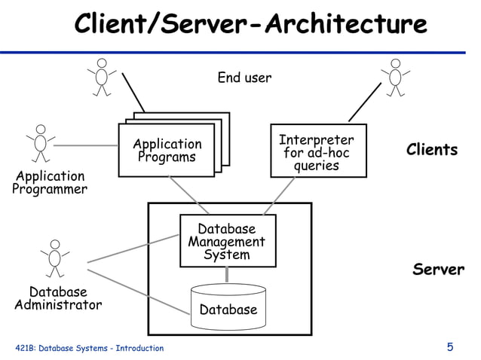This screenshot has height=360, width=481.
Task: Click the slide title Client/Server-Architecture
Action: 250,24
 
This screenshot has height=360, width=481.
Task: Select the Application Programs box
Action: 167,151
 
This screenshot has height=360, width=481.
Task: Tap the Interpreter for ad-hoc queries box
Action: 317,151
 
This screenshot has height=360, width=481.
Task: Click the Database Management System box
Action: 227,241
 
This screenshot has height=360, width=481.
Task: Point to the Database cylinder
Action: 228,307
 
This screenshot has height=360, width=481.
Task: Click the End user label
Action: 244,78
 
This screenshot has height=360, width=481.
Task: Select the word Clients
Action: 432,149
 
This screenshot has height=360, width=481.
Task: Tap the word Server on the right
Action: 438,270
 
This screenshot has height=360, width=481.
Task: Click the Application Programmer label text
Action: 49,183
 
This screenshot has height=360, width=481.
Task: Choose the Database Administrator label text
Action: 58,298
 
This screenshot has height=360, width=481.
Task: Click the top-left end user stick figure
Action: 102,77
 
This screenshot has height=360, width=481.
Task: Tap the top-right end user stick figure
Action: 394,77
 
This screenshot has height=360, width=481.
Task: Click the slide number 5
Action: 450,347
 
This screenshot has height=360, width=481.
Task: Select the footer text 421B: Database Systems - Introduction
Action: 89,348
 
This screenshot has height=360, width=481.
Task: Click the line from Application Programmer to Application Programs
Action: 87,145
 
